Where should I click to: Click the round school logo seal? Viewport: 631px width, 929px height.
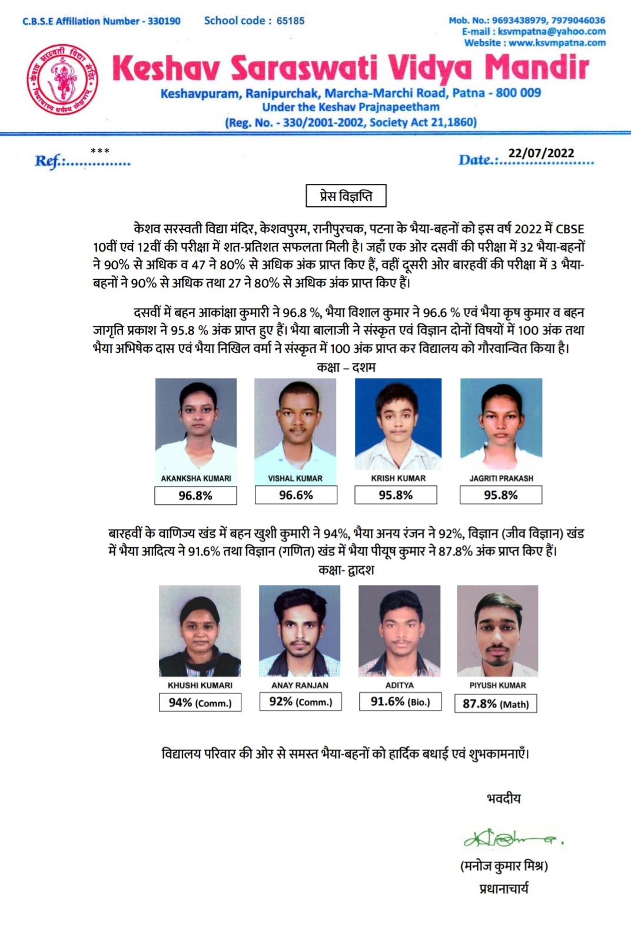[x=62, y=79]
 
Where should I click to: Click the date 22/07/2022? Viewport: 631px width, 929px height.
[x=541, y=153]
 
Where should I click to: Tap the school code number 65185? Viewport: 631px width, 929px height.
[x=291, y=21]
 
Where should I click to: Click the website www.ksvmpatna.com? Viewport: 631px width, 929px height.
[x=557, y=42]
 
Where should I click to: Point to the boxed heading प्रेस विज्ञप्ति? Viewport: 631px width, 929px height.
[x=346, y=196]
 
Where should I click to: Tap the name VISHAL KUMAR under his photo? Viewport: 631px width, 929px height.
[x=295, y=478]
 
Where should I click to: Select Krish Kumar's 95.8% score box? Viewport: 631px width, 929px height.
[x=396, y=495]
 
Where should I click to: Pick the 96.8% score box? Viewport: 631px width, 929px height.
[x=195, y=495]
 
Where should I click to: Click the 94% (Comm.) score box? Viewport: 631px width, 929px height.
[x=200, y=703]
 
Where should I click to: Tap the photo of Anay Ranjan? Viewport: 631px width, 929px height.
[x=300, y=630]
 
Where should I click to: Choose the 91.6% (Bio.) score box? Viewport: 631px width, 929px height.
[x=400, y=702]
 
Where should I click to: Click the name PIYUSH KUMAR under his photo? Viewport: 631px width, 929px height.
[x=498, y=685]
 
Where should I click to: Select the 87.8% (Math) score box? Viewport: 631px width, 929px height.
[x=496, y=703]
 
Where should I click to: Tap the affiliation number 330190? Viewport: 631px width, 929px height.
[x=164, y=21]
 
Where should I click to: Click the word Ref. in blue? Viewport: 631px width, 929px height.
[x=48, y=161]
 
